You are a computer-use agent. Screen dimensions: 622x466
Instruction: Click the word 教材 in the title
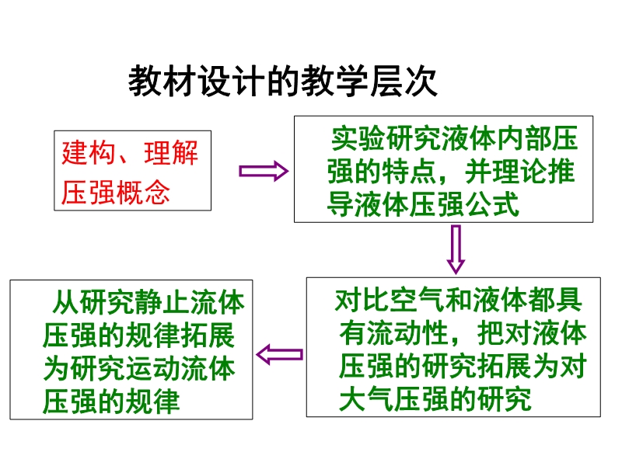pos(162,82)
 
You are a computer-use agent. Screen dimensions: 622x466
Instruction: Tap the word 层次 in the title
pos(404,82)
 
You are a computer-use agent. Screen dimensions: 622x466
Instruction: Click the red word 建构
pos(88,152)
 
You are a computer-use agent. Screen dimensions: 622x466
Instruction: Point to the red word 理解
pos(171,152)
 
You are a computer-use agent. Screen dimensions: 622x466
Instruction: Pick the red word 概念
pos(143,193)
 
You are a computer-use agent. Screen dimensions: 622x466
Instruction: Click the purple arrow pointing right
pos(264,171)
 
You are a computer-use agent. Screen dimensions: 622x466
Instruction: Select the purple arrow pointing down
pos(456,249)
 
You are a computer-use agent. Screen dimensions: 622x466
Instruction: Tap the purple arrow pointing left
pos(280,354)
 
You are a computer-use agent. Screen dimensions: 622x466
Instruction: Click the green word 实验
pos(358,139)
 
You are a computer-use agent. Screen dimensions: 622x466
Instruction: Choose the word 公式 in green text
pos(492,204)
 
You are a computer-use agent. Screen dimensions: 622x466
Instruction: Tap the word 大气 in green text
pos(365,398)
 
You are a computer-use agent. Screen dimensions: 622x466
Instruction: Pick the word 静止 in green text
pos(162,302)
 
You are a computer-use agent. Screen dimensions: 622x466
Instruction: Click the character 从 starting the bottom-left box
pos(66,302)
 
